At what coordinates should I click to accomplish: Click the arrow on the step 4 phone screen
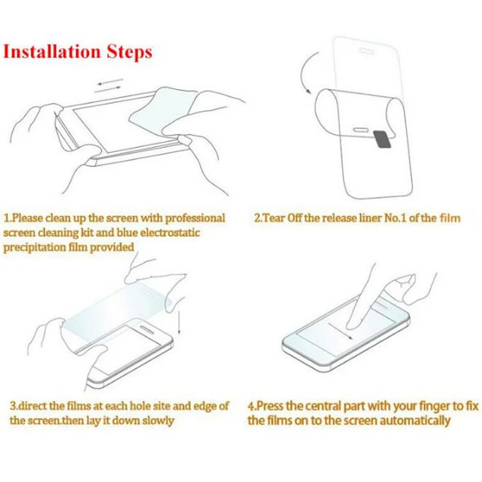tap(344, 332)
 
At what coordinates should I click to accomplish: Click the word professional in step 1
tap(190, 218)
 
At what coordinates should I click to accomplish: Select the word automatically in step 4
tap(414, 421)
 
